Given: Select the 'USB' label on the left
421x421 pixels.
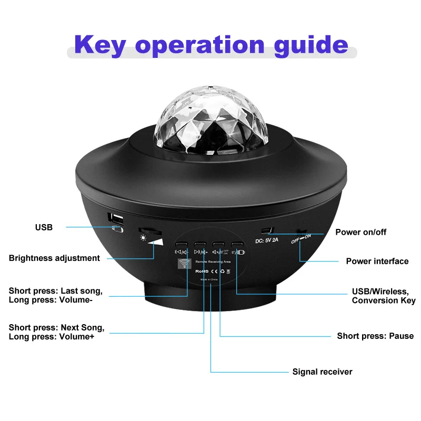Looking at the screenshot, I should (44, 227).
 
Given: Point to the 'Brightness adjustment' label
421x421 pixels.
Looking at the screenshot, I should (54, 258).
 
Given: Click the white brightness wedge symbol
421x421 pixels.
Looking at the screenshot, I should (156, 242).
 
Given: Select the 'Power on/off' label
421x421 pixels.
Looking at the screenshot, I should (360, 232).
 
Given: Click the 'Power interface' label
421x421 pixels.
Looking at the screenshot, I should (377, 261).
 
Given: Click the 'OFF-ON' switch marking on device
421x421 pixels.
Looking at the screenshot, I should (301, 237).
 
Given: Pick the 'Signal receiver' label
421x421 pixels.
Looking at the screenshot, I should (322, 372).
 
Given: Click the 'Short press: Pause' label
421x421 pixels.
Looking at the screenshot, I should (375, 336).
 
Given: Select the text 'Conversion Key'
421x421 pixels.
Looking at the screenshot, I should (384, 300).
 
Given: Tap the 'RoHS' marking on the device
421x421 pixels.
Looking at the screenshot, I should (202, 270).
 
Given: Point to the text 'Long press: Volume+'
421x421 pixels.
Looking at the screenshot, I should (52, 337).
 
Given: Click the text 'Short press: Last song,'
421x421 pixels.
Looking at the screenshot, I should (56, 290).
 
